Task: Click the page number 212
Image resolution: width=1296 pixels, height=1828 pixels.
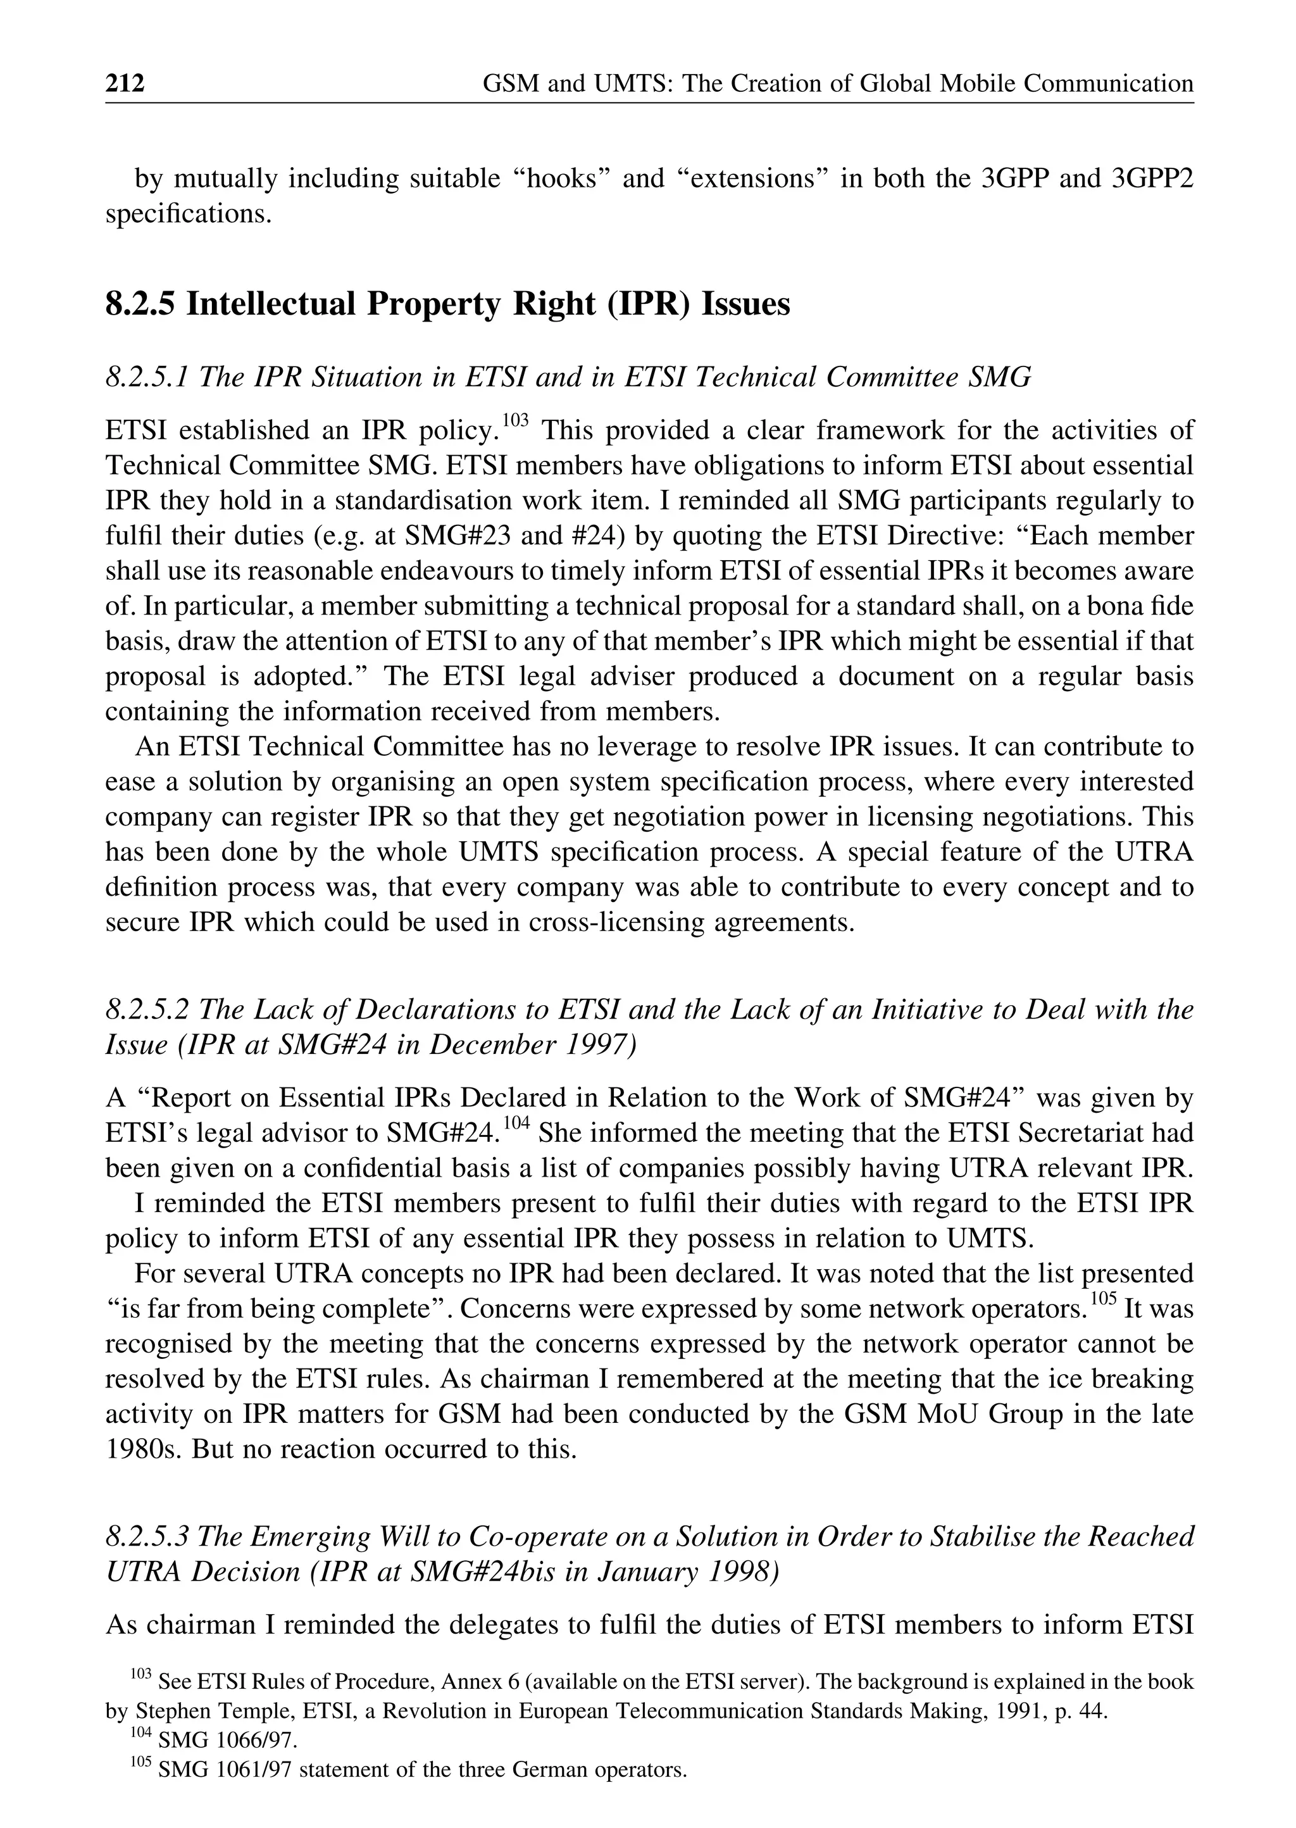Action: pos(125,83)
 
